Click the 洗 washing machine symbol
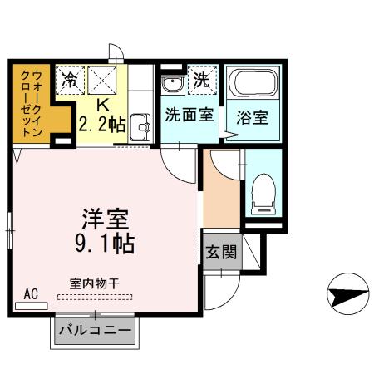pos(200,81)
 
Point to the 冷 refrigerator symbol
pos(71,81)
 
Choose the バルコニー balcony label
pos(94,332)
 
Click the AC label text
pos(31,293)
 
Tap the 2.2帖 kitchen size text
pos(103,125)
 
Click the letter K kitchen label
pos(103,106)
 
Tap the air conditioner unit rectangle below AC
pos(32,306)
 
